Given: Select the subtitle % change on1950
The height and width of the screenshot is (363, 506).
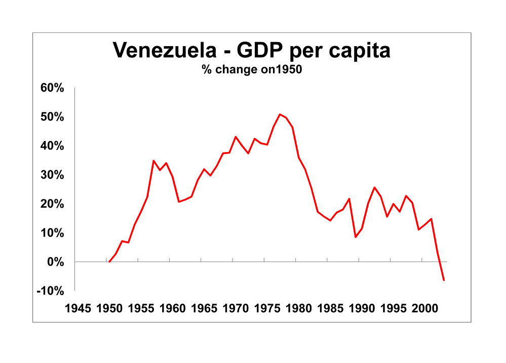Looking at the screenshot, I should tap(252, 70).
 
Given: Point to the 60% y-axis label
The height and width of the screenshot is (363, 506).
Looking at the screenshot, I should tap(52, 88).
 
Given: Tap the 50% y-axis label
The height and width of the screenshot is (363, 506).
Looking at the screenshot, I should tap(52, 117).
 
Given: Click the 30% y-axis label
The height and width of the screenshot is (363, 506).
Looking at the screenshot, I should tap(52, 175).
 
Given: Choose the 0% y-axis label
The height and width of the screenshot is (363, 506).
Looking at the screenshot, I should tap(55, 262).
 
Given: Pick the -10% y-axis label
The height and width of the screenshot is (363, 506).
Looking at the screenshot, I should tap(50, 291).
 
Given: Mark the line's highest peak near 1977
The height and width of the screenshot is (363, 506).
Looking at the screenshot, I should tap(280, 114).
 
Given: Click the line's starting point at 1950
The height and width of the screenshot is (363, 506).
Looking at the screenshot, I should tap(109, 262).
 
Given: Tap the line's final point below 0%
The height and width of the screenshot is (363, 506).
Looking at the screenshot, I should tap(444, 280).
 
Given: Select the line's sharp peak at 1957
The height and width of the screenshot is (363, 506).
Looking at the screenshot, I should tap(153, 161).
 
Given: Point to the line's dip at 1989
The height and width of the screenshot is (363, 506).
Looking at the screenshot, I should tap(356, 237).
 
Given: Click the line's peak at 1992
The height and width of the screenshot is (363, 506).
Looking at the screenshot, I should tap(374, 188).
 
